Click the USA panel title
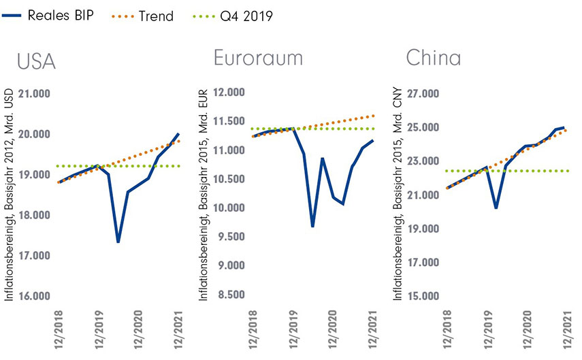point(36,62)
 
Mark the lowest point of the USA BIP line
point(118,242)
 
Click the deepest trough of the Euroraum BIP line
point(312,226)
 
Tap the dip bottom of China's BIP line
point(496,208)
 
